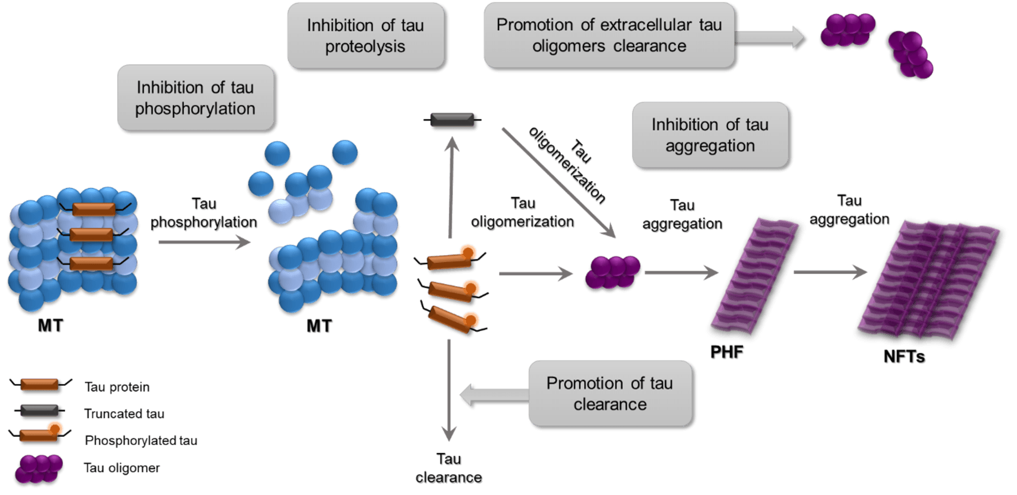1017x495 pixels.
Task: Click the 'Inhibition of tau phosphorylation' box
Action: pyautogui.click(x=195, y=98)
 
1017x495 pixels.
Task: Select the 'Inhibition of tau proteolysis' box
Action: pyautogui.click(x=365, y=36)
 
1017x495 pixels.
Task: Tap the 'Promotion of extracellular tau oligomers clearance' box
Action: pyautogui.click(x=609, y=36)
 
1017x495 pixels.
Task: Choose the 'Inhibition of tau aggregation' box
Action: pyautogui.click(x=710, y=135)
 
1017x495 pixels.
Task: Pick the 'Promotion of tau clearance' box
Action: pyautogui.click(x=610, y=394)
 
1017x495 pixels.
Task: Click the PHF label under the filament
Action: pyautogui.click(x=727, y=352)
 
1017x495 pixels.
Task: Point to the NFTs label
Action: pyautogui.click(x=905, y=357)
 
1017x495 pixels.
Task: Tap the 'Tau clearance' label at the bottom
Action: pyautogui.click(x=449, y=469)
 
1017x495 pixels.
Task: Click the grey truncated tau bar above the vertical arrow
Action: pyautogui.click(x=452, y=121)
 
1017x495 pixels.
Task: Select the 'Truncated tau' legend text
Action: pyautogui.click(x=124, y=413)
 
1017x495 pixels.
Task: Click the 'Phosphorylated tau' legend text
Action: pyautogui.click(x=141, y=440)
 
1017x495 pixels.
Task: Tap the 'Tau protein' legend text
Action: pyautogui.click(x=117, y=387)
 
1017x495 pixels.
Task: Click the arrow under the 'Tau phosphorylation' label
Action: pyautogui.click(x=204, y=243)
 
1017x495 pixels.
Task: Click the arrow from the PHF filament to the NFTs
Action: pyautogui.click(x=830, y=272)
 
